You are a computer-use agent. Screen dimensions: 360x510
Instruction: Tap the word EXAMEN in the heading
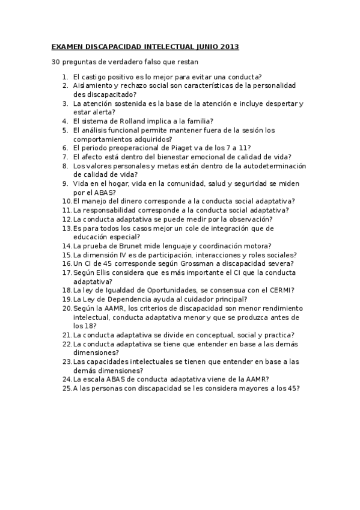tap(69, 46)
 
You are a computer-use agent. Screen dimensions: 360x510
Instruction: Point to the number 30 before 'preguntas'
tap(56, 62)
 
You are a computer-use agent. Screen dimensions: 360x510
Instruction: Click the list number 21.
tap(66, 334)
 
